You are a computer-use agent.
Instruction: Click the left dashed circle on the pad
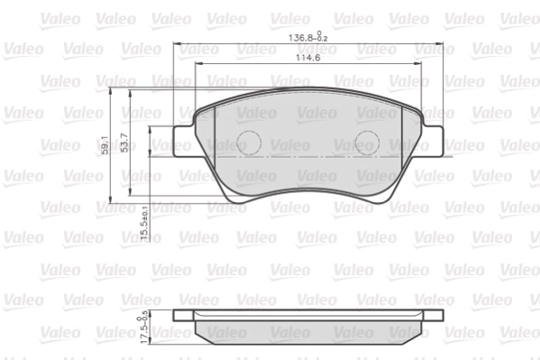click(247, 142)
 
